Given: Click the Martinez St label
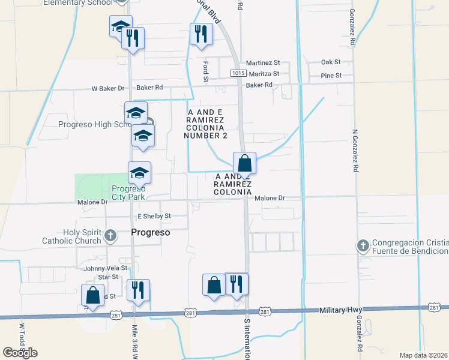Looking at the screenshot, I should coord(265,62).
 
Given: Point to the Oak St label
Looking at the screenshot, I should coord(331,62).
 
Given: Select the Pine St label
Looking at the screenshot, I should coord(331,76).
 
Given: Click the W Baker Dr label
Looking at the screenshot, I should coord(103,88).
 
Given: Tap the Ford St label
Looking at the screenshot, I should coord(205,71).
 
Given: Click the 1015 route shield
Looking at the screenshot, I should coord(238,74).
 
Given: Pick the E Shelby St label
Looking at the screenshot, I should coord(154,216).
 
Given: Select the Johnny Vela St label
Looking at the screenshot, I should coord(106,268).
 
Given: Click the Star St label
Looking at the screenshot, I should coord(108,277).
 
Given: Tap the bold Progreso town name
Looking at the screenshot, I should coord(151,232).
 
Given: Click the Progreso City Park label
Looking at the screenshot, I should coord(128,193).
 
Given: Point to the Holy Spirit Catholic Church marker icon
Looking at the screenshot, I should coord(110,236).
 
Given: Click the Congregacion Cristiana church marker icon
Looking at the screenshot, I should coord(362,245).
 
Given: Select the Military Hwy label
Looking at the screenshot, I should coord(340,310).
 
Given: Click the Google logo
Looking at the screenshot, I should coord(20,353).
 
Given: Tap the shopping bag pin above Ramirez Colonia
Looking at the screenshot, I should coord(245,163).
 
